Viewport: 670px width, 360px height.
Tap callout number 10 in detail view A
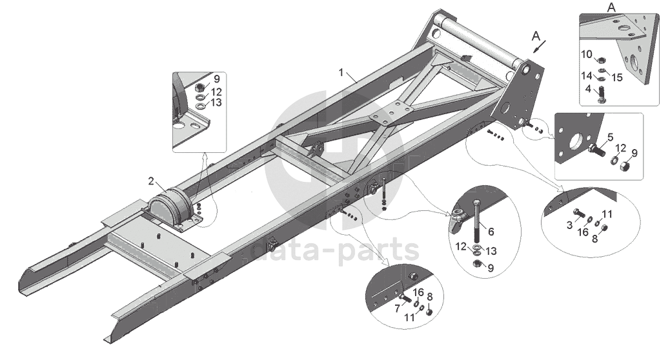(x=586, y=54)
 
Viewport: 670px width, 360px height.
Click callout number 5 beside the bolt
(x=609, y=137)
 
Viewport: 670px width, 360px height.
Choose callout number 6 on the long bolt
(x=490, y=230)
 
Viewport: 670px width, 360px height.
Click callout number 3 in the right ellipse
(x=570, y=224)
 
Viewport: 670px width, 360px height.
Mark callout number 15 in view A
(x=618, y=77)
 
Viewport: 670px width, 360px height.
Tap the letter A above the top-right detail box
(x=611, y=7)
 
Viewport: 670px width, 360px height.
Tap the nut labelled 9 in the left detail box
(x=200, y=86)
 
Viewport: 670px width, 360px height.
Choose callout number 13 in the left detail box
(x=216, y=103)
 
